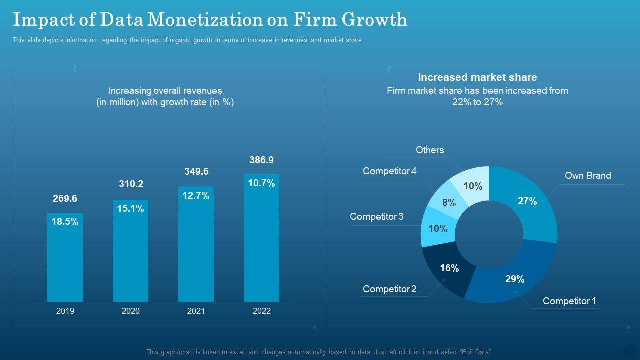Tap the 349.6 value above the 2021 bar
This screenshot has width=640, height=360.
click(196, 171)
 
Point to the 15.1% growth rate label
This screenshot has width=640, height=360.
click(130, 209)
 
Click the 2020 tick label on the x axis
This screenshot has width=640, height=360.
click(131, 311)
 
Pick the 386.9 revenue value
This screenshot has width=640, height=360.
click(261, 160)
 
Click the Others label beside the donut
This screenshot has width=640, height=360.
click(430, 150)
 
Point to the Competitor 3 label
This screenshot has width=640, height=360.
click(377, 216)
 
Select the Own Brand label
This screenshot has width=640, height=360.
click(588, 175)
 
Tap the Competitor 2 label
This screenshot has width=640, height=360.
click(389, 289)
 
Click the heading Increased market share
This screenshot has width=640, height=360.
click(477, 77)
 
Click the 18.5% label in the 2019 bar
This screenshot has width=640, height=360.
click(65, 222)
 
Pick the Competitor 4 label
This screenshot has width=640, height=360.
click(390, 171)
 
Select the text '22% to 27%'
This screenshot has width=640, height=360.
click(477, 102)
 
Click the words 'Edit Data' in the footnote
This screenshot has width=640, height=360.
click(476, 352)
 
